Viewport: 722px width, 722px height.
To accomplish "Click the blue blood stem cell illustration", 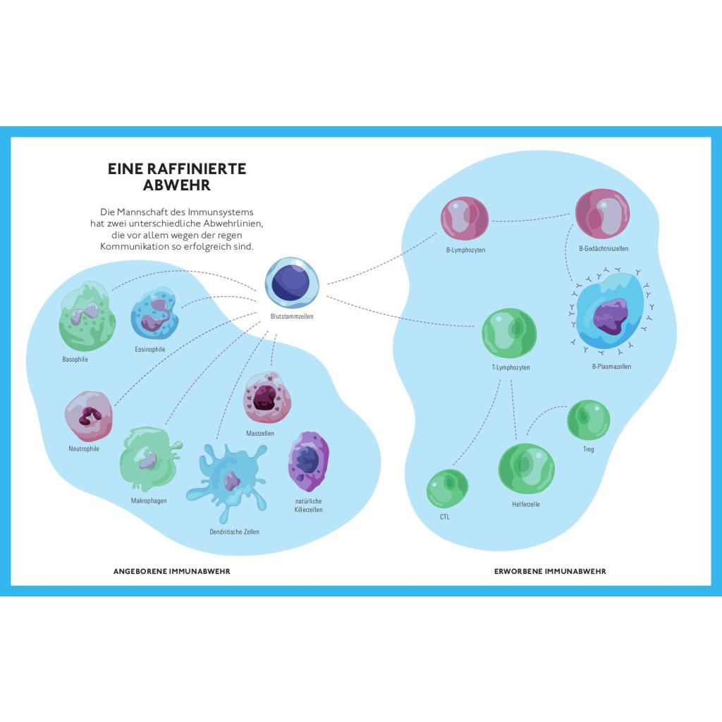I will (292, 283).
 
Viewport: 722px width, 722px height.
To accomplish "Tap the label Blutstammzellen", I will (292, 317).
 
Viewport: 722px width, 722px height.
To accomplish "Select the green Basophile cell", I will (87, 316).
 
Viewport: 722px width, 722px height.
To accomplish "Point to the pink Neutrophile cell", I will (88, 417).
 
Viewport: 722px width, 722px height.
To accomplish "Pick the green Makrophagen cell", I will (149, 460).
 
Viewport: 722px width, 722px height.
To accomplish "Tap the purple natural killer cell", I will (308, 462).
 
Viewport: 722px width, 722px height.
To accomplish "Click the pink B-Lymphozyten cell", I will (464, 219).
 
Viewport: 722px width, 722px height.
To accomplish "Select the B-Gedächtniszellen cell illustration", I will (602, 215).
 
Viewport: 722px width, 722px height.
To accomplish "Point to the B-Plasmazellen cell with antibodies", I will (610, 313).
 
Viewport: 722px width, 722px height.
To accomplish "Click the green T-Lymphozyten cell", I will (509, 334).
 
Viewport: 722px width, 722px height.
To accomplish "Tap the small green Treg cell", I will (588, 420).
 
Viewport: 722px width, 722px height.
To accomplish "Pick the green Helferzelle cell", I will (526, 469).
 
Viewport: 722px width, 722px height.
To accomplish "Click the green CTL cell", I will (447, 489).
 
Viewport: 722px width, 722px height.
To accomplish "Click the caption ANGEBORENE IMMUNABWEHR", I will (171, 571).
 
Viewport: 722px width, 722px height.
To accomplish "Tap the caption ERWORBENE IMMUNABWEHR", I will (550, 571).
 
